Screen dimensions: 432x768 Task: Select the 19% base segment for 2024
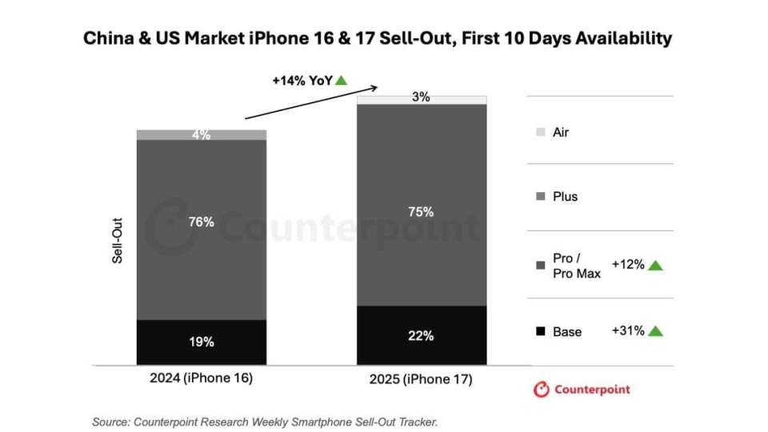pos(202,342)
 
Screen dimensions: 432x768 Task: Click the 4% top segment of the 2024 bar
pos(202,135)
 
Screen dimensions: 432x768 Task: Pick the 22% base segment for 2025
pos(421,336)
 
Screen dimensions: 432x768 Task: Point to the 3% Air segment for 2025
pos(421,98)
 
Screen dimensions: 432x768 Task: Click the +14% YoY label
pos(302,80)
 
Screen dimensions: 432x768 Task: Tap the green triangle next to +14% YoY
pos(342,80)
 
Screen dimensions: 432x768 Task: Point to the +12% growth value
pos(628,265)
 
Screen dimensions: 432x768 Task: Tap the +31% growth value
pos(628,330)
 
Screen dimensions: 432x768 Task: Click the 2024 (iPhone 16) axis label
pos(202,379)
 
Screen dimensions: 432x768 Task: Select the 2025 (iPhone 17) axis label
pos(421,379)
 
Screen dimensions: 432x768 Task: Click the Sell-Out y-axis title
pos(117,243)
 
